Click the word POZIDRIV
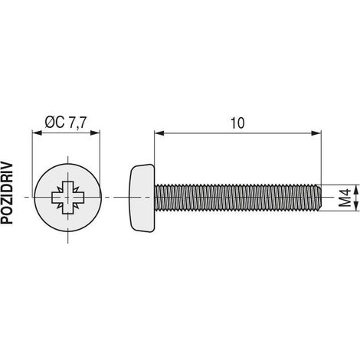click(x=7, y=193)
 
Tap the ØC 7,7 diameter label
click(x=65, y=123)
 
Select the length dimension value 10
click(x=237, y=123)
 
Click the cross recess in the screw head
click(x=68, y=198)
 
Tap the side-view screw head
click(x=142, y=198)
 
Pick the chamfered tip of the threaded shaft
click(x=319, y=198)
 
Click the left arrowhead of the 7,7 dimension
click(x=37, y=133)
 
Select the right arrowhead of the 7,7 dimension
click(x=95, y=133)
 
